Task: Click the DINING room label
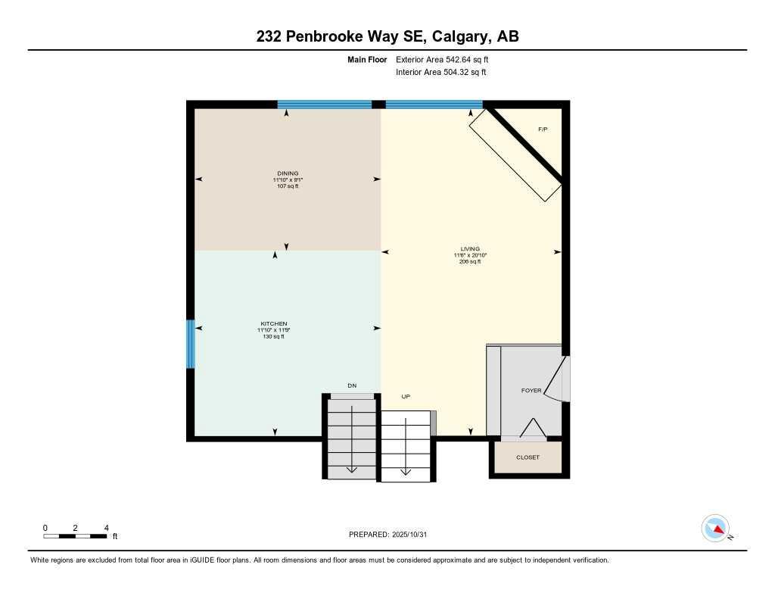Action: [x=288, y=173]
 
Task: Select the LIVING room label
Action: [x=470, y=248]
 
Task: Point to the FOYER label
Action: [x=531, y=391]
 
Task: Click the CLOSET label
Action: [x=528, y=457]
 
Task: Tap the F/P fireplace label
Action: [x=543, y=129]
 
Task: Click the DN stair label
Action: [x=352, y=386]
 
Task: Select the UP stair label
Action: [x=406, y=396]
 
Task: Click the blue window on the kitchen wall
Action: [x=191, y=344]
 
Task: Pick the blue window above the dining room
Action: [x=324, y=105]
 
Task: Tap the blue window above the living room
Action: [x=434, y=105]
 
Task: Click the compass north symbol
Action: [x=715, y=528]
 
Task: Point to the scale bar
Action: [x=76, y=536]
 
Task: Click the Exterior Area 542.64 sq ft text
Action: [x=447, y=59]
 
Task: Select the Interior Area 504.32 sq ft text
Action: [x=440, y=73]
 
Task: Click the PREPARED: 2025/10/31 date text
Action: [x=393, y=535]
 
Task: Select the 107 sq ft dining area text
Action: [x=288, y=186]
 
